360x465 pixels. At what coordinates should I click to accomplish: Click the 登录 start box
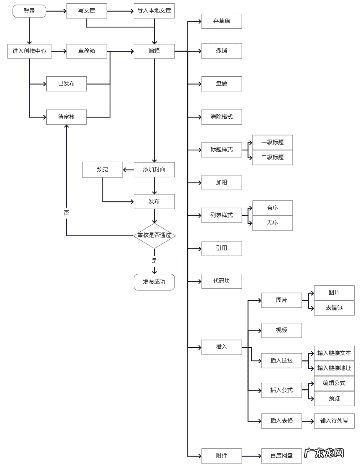pyautogui.click(x=29, y=11)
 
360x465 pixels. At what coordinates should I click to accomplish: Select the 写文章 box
pyautogui.click(x=87, y=11)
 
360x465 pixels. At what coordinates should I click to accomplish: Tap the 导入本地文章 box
pyautogui.click(x=154, y=11)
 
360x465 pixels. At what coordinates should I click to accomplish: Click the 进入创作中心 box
pyautogui.click(x=29, y=51)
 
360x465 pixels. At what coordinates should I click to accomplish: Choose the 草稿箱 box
pyautogui.click(x=87, y=51)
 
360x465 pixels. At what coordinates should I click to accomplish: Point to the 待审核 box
pyautogui.click(x=66, y=117)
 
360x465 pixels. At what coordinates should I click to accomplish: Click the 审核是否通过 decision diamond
pyautogui.click(x=154, y=235)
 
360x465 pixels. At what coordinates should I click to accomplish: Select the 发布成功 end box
pyautogui.click(x=154, y=282)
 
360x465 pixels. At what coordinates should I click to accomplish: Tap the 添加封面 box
pyautogui.click(x=154, y=170)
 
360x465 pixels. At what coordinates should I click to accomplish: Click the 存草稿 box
pyautogui.click(x=222, y=21)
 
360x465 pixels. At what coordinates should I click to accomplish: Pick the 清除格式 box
pyautogui.click(x=222, y=117)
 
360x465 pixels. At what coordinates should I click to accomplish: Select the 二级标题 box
pyautogui.click(x=272, y=157)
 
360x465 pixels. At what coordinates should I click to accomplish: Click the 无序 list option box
pyautogui.click(x=272, y=223)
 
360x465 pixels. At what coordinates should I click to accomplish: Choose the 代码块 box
pyautogui.click(x=222, y=281)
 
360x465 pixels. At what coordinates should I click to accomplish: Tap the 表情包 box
pyautogui.click(x=334, y=308)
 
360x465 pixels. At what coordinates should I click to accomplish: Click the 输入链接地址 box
pyautogui.click(x=334, y=368)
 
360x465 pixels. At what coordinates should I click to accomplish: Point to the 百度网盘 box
pyautogui.click(x=282, y=456)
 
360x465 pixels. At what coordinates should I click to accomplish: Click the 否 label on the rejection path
pyautogui.click(x=66, y=213)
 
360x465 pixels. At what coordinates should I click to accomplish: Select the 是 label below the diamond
pyautogui.click(x=154, y=261)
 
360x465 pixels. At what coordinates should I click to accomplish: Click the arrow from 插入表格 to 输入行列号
pyautogui.click(x=308, y=421)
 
